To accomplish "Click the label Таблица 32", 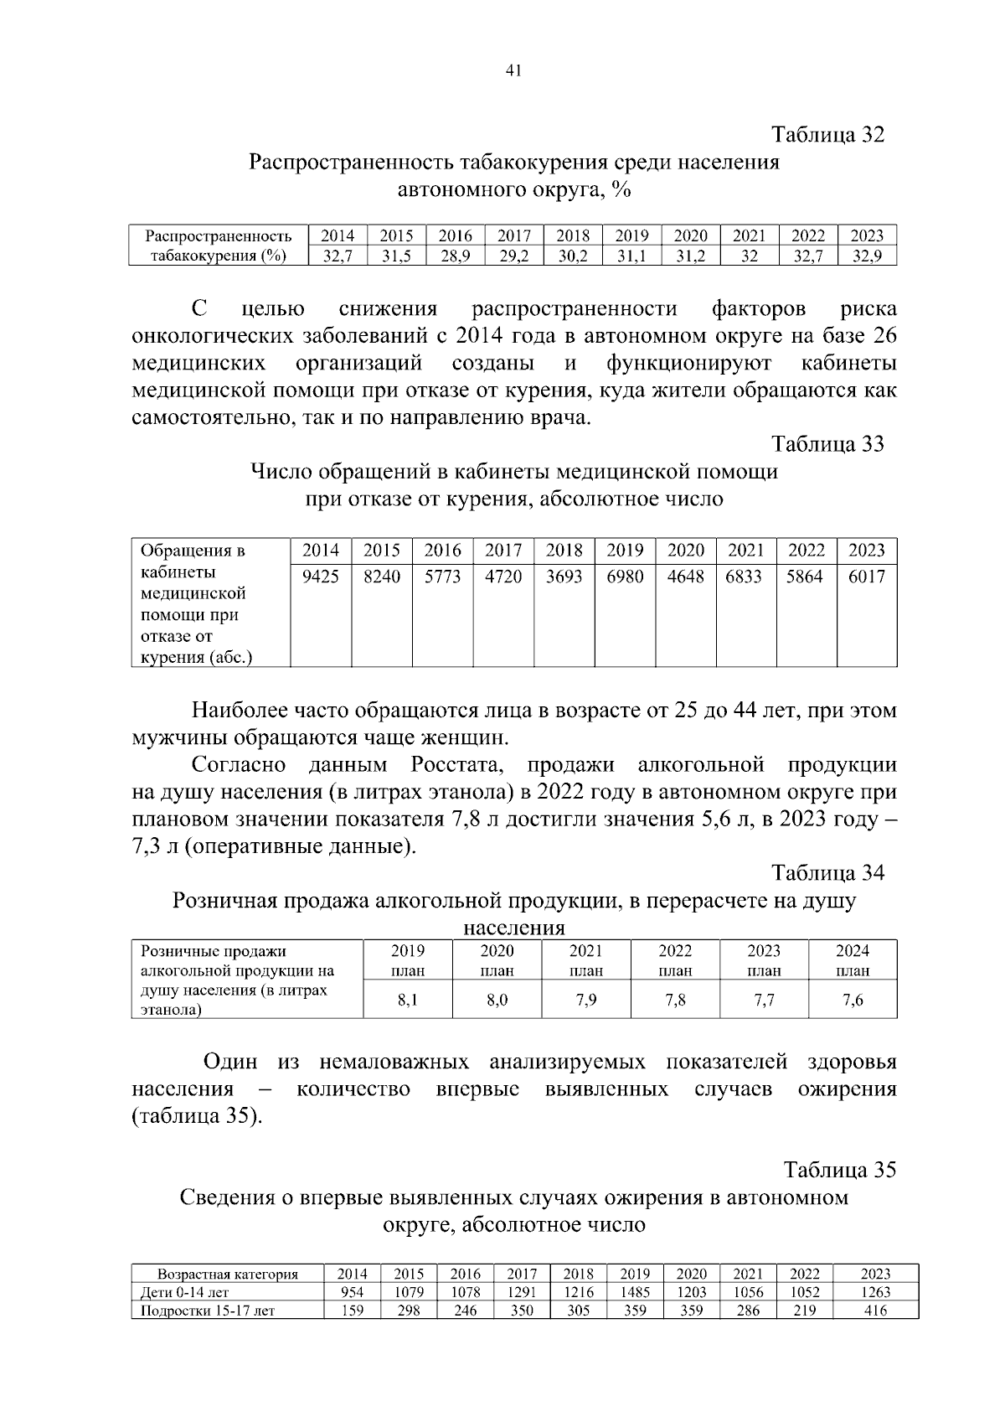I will pyautogui.click(x=827, y=135).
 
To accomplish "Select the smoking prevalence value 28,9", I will pyautogui.click(x=456, y=256).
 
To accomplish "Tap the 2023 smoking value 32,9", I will pyautogui.click(x=867, y=256).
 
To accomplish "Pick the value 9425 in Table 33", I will pyautogui.click(x=321, y=577).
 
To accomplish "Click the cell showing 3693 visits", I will pyautogui.click(x=564, y=577).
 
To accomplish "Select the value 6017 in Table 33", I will pyautogui.click(x=866, y=577).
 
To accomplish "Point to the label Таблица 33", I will pyautogui.click(x=827, y=444).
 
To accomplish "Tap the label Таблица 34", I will pyautogui.click(x=827, y=873).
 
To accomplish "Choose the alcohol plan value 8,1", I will pyautogui.click(x=408, y=1000).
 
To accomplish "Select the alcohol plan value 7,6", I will pyautogui.click(x=853, y=1000).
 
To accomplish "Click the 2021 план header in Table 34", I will pyautogui.click(x=585, y=960).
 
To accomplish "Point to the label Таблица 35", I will pyautogui.click(x=839, y=1170).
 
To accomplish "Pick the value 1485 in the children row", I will pyautogui.click(x=635, y=1292).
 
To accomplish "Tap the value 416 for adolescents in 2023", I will pyautogui.click(x=875, y=1311).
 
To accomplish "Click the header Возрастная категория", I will pyautogui.click(x=228, y=1275).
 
